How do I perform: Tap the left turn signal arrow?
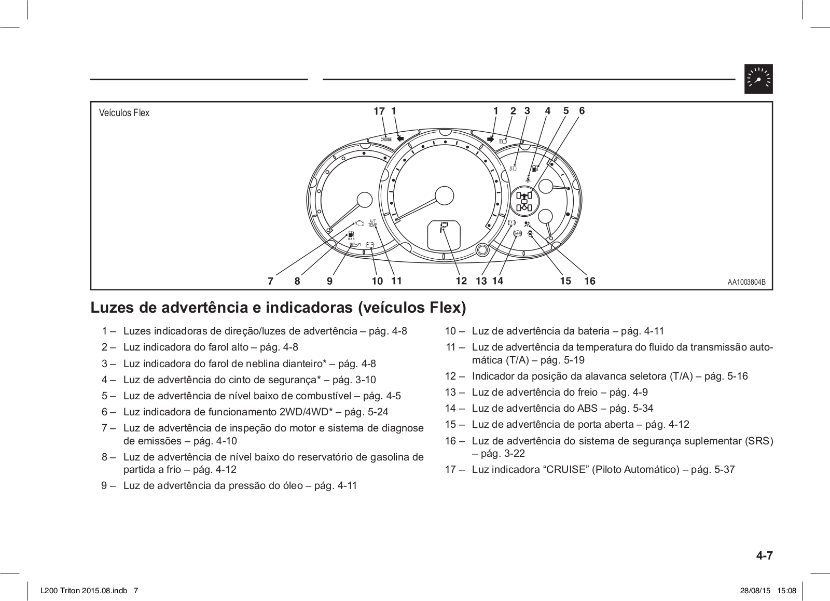coord(399,138)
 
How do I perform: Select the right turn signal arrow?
coord(491,139)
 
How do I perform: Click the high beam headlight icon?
coord(503,141)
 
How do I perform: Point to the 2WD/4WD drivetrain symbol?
coord(525,201)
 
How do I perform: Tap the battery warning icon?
coord(370,245)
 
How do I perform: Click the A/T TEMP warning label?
coord(372,223)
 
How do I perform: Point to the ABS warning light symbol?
coord(517,234)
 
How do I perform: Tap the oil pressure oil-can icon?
coord(355,244)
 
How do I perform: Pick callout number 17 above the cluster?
coord(379,111)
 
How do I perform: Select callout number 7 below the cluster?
coord(270,282)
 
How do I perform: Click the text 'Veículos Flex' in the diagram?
coord(124,113)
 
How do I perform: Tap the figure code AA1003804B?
coord(746,283)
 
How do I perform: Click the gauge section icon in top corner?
coord(758,79)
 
